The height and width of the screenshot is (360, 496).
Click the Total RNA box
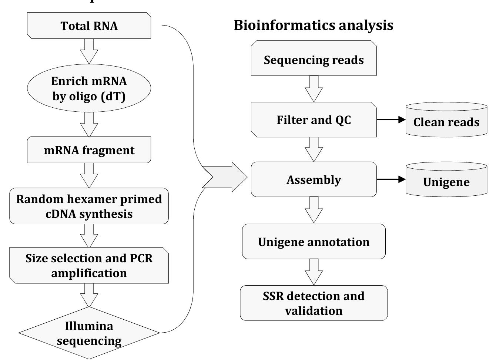click(89, 26)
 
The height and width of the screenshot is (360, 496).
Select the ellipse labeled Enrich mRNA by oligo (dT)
click(89, 88)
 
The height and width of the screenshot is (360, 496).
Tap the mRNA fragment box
click(89, 150)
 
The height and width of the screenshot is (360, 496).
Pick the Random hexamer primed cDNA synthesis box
click(89, 206)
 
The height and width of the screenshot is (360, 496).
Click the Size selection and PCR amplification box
click(89, 265)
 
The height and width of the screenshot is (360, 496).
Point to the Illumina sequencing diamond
click(89, 333)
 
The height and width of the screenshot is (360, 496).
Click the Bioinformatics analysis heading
click(314, 25)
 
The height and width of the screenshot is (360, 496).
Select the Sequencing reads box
click(314, 59)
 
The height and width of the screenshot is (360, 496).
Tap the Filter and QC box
click(314, 120)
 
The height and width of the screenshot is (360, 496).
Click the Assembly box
click(314, 179)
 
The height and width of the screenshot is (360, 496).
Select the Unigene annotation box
click(314, 242)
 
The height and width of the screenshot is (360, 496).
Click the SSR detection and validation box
click(314, 303)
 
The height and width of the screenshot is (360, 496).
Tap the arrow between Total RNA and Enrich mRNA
click(89, 51)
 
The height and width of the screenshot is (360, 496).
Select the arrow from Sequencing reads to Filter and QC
click(314, 89)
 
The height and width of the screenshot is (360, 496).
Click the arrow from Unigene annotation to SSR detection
click(314, 272)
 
